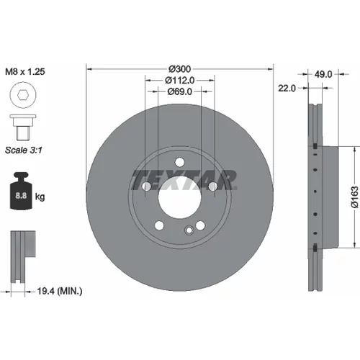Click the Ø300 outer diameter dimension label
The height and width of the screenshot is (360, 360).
[x=179, y=69]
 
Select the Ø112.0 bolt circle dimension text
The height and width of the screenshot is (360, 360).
[x=179, y=80]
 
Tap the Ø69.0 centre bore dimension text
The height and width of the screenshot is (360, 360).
[x=179, y=91]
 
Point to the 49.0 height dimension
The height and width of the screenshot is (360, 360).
[x=323, y=74]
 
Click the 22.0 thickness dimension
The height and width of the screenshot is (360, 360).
[x=287, y=89]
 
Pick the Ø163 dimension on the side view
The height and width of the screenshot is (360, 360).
[x=356, y=197]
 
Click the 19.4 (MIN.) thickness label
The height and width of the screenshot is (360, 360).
[x=60, y=291]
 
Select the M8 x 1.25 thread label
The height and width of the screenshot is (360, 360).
[x=25, y=71]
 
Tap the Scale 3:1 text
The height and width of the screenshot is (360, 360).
[x=24, y=150]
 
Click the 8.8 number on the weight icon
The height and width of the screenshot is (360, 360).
[x=21, y=196]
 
